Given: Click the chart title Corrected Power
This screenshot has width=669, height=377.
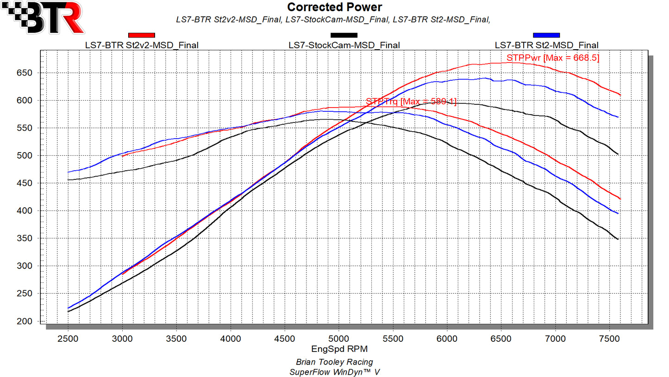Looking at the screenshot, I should coord(334,7).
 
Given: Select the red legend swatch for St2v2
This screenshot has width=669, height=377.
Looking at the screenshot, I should coord(141,35).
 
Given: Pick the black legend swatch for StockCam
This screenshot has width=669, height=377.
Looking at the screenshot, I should coord(344,35).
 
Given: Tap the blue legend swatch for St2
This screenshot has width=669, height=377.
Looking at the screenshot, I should coord(546,35).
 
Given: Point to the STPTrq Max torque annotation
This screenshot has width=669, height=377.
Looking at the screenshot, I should coord(411,102).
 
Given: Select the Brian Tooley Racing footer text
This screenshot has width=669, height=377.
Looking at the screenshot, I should coord(334,362).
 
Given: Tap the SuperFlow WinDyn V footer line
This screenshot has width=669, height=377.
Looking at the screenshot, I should coord(334,372).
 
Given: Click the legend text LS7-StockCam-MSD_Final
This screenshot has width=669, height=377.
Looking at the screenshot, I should coord(344,45).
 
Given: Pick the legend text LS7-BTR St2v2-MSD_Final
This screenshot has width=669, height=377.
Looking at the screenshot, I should coord(142,45).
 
